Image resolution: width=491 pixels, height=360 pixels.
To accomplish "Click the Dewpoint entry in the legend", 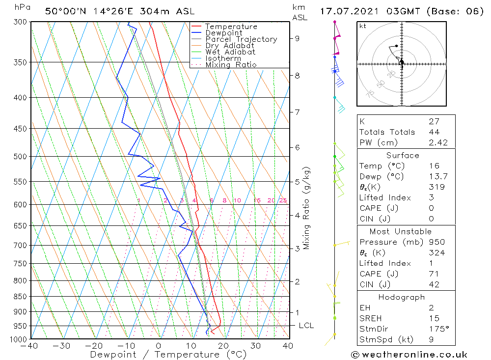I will (223, 33).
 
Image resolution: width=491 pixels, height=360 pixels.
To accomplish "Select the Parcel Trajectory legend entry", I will (241, 39).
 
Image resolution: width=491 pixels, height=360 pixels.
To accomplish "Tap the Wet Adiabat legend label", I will (230, 52).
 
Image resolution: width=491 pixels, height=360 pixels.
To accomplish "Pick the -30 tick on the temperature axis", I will (62, 346).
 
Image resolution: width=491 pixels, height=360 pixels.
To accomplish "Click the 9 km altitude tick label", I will (298, 38).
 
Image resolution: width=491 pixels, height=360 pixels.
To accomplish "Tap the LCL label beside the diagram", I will (306, 326).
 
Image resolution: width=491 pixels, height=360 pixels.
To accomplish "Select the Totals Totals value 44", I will (434, 132).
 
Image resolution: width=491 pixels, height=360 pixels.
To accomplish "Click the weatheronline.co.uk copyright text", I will (409, 355).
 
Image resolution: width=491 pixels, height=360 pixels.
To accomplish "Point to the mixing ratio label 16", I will (257, 200).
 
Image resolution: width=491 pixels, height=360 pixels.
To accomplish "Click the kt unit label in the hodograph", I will (362, 26).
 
